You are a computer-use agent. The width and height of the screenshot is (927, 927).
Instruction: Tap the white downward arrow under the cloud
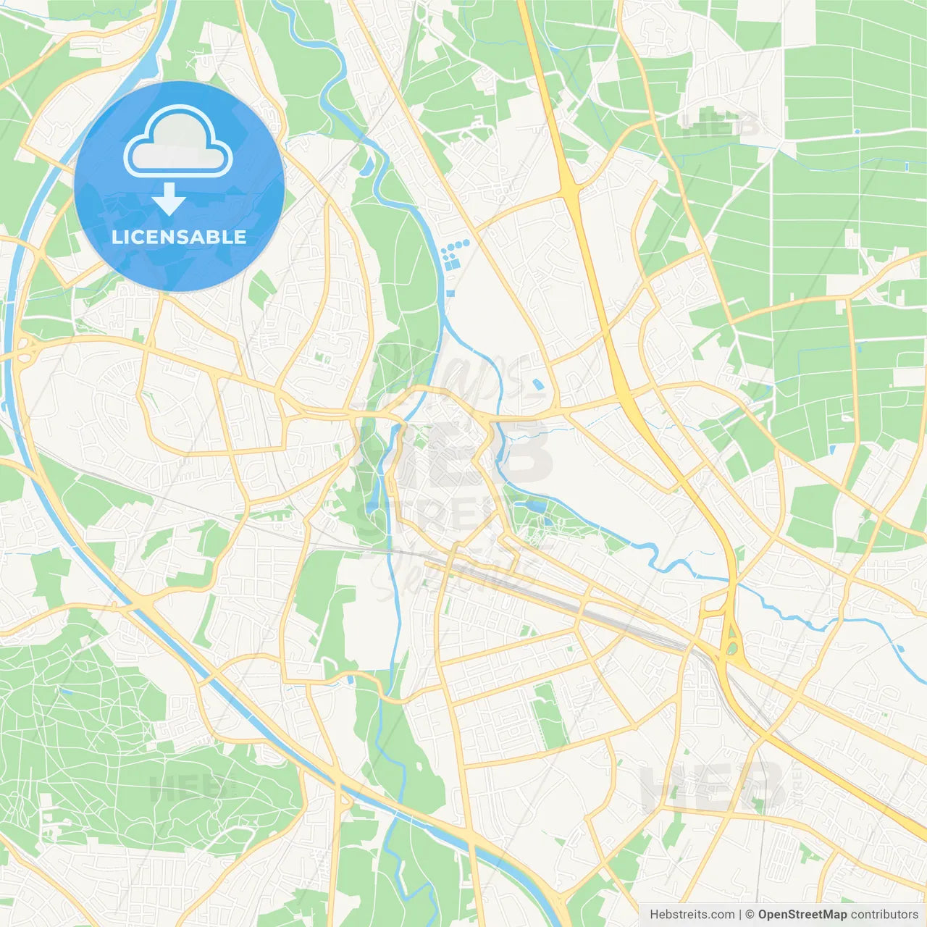click(x=169, y=199)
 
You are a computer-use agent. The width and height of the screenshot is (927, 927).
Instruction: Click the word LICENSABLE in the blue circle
click(x=179, y=237)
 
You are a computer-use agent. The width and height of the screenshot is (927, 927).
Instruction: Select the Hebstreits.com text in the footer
click(x=692, y=915)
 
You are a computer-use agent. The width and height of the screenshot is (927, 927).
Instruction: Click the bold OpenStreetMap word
click(x=802, y=915)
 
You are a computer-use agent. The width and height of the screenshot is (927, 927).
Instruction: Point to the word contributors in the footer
click(x=884, y=915)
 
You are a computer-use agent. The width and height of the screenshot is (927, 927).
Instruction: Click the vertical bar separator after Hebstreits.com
click(x=739, y=915)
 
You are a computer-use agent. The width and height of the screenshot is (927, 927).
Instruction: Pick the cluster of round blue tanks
click(x=455, y=253)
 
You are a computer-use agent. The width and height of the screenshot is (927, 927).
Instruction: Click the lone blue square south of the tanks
click(x=450, y=293)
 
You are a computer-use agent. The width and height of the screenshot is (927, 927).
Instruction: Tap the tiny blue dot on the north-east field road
click(x=857, y=132)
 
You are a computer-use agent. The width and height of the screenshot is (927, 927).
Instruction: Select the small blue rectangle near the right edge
click(x=906, y=167)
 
